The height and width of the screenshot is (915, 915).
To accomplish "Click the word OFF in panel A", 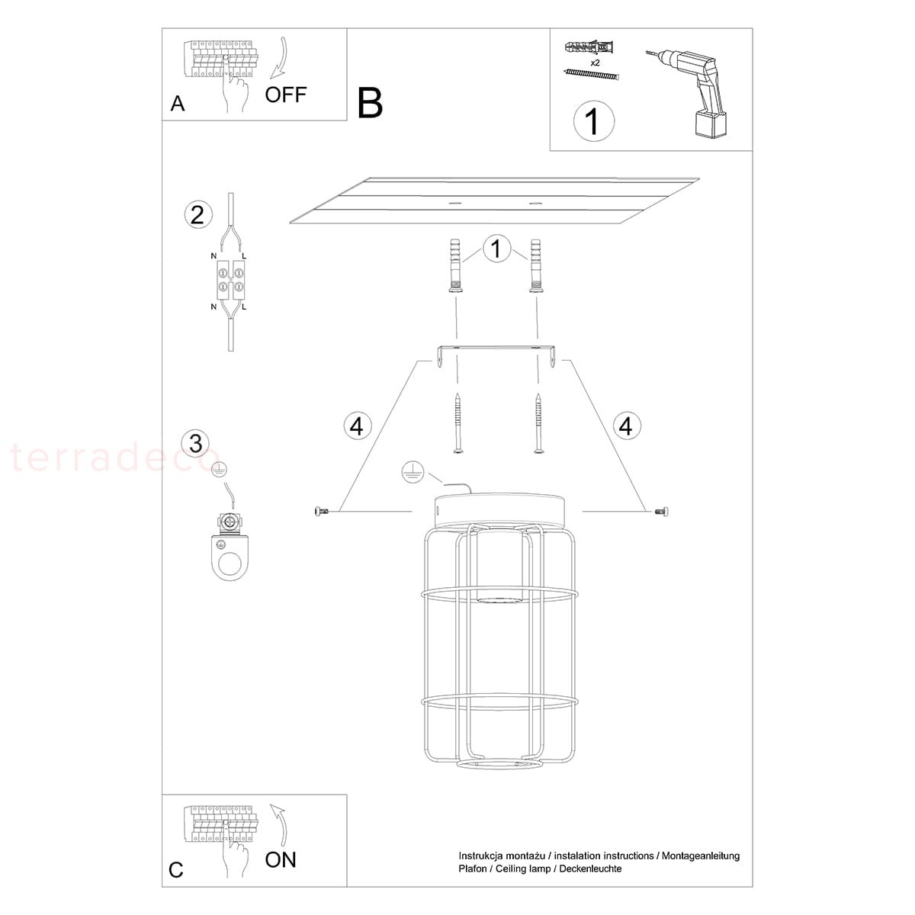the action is tap(285, 95).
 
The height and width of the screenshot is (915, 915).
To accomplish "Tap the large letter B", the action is tap(370, 103).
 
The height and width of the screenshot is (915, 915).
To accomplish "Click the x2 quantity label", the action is tap(595, 63).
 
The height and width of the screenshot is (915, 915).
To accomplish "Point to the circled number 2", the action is tap(197, 215).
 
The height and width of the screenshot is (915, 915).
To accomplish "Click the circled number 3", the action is tap(196, 444).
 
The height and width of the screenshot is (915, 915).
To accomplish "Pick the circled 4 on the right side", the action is tap(627, 425).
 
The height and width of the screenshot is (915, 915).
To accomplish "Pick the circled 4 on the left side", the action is tap(357, 425).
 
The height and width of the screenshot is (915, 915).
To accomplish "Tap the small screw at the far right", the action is tap(661, 512).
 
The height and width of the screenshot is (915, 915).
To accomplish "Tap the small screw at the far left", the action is tap(321, 511).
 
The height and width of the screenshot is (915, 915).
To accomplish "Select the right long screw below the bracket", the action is tap(538, 423).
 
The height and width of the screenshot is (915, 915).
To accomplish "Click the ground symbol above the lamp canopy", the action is tap(413, 473).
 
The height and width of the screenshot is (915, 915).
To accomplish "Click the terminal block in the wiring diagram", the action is tap(231, 280).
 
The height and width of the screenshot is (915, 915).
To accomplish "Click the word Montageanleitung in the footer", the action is tap(701, 856).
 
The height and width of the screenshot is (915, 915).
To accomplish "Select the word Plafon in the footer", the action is tap(473, 868).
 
